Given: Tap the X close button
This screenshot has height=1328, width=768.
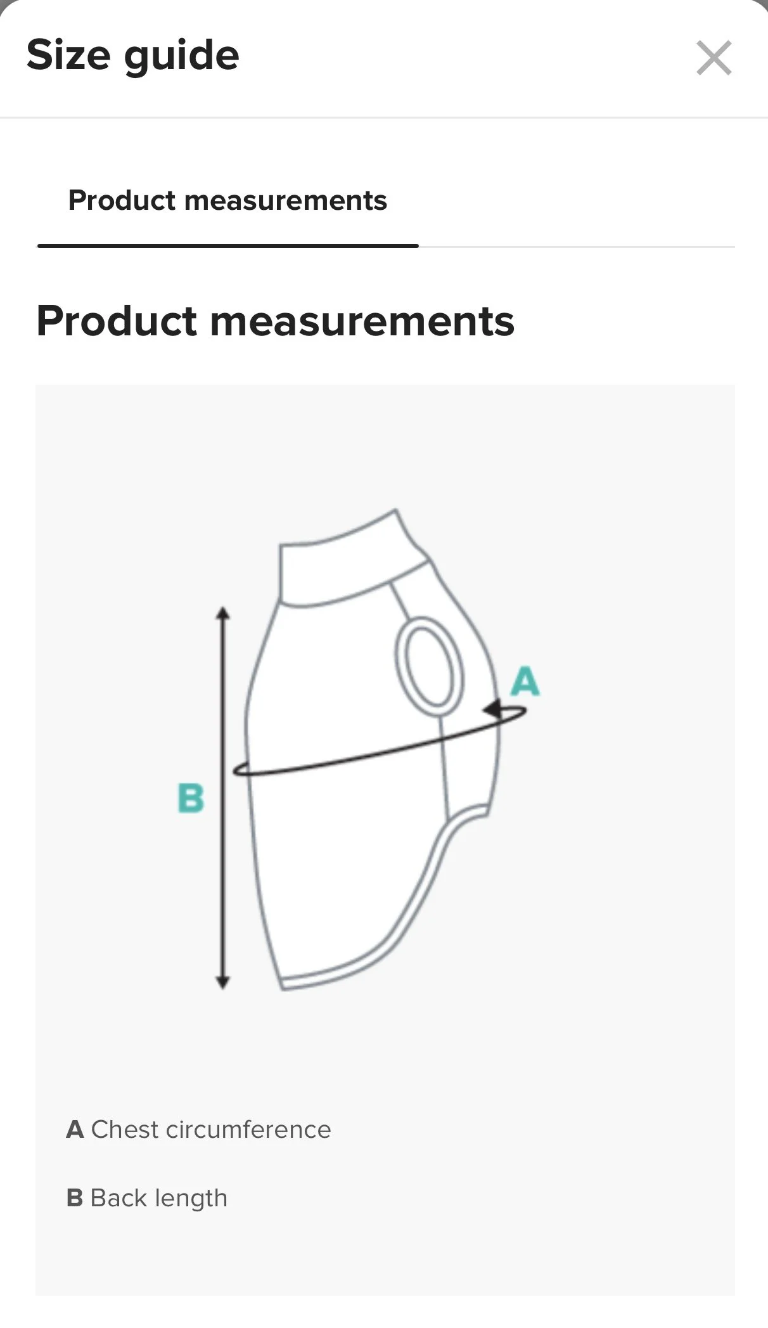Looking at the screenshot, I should click(714, 58).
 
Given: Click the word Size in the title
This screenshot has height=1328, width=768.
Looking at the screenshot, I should click(68, 55).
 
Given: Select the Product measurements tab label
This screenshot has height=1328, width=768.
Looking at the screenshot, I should click(227, 200).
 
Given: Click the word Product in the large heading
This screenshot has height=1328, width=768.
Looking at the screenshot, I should click(116, 321).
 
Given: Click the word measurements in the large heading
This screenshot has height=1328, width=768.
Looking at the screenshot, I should click(362, 321).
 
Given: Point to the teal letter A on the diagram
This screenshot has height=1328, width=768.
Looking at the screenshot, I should click(525, 682).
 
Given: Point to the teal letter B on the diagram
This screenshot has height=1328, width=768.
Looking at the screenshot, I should click(191, 798).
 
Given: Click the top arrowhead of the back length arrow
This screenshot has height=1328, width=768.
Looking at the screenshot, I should click(222, 613).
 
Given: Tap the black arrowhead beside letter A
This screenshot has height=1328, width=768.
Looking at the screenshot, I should click(492, 709).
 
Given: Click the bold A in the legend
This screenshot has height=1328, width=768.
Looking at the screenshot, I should click(75, 1130).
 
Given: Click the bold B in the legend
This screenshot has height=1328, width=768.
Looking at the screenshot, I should click(75, 1198).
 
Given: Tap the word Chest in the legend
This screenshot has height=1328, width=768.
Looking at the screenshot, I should click(124, 1130).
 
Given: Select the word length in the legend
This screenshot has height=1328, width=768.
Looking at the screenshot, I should click(191, 1199).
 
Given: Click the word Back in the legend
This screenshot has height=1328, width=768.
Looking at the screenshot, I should click(118, 1198).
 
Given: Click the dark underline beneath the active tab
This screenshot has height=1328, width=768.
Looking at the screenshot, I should click(227, 245).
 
